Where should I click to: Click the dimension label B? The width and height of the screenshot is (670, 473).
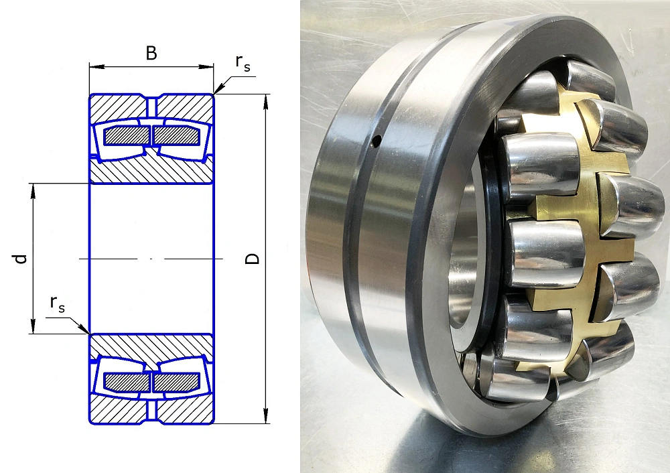151,54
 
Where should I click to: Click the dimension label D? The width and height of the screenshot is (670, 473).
253,259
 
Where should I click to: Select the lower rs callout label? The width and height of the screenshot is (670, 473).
57,303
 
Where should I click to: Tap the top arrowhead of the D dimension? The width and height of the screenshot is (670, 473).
266,102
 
